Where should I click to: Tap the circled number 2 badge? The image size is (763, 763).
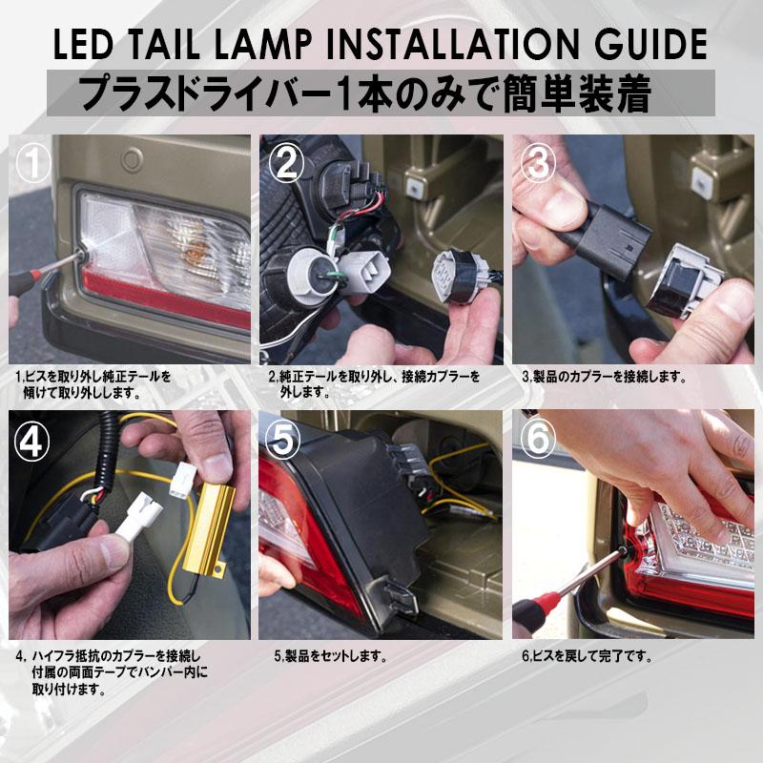[x=285, y=163]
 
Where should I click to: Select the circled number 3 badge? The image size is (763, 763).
[x=538, y=163]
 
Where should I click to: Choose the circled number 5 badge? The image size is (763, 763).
[x=285, y=440]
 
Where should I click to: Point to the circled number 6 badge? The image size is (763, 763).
[x=538, y=440]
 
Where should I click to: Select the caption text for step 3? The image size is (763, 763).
[x=603, y=377]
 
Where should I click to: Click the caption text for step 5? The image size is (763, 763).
[x=329, y=656]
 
